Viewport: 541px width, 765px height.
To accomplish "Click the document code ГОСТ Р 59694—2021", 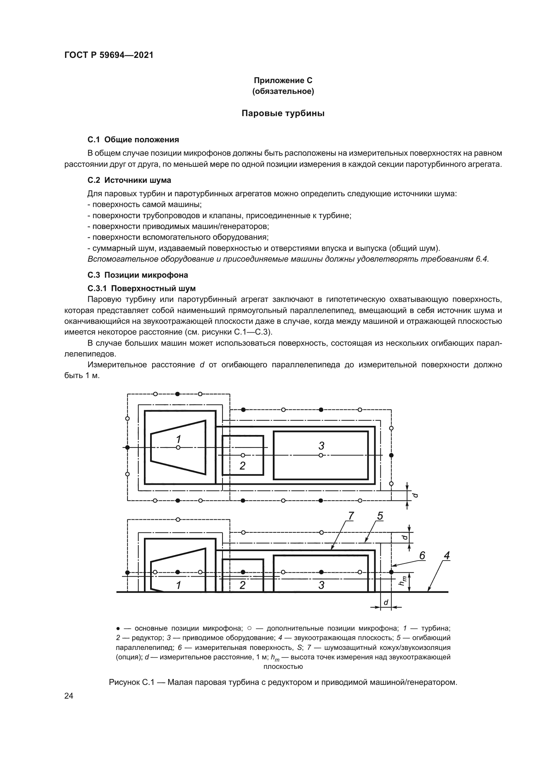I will (x=109, y=55).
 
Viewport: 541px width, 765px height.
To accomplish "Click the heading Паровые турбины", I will (x=283, y=113).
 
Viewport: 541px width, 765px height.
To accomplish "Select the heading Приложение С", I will (x=283, y=80).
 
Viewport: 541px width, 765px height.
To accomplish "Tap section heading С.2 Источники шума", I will (x=129, y=180).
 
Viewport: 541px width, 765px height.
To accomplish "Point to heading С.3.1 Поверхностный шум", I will (x=142, y=288).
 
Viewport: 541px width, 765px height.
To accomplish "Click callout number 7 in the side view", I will (x=351, y=516).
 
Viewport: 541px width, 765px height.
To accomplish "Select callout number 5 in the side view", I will (x=380, y=516).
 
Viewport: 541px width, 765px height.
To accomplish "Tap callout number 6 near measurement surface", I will (x=422, y=555).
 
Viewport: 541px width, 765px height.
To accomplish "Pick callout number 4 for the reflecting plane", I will (x=447, y=555).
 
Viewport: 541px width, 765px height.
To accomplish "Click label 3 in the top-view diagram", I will (x=321, y=445).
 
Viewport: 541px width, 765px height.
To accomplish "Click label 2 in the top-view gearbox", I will (x=242, y=465).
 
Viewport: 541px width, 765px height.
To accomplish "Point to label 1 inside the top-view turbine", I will (x=179, y=439).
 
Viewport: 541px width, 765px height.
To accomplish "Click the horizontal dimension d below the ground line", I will (x=386, y=602).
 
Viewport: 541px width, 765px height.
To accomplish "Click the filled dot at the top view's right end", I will (x=392, y=455).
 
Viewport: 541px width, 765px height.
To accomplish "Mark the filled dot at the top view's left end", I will (x=127, y=447).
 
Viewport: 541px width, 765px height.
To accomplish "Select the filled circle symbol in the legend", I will (x=118, y=628).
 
